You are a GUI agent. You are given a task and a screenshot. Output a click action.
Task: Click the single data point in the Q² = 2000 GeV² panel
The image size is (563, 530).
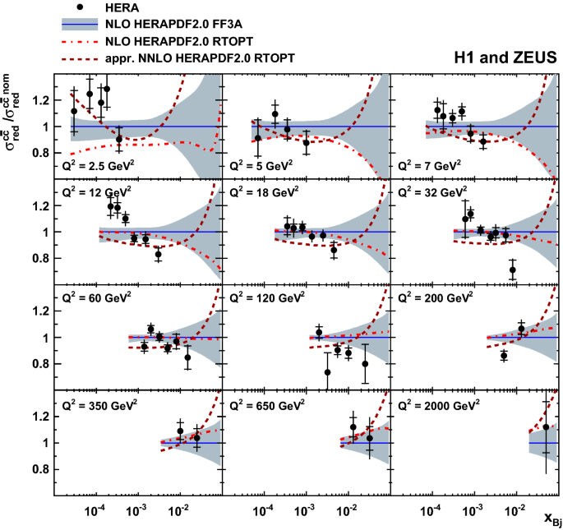point(546,426)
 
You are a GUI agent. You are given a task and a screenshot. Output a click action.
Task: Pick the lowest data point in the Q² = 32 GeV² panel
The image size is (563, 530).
point(513,270)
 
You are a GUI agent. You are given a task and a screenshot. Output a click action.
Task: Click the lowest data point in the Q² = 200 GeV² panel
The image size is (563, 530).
point(504,356)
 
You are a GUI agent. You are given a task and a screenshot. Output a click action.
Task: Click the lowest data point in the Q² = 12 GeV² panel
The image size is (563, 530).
point(158,254)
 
